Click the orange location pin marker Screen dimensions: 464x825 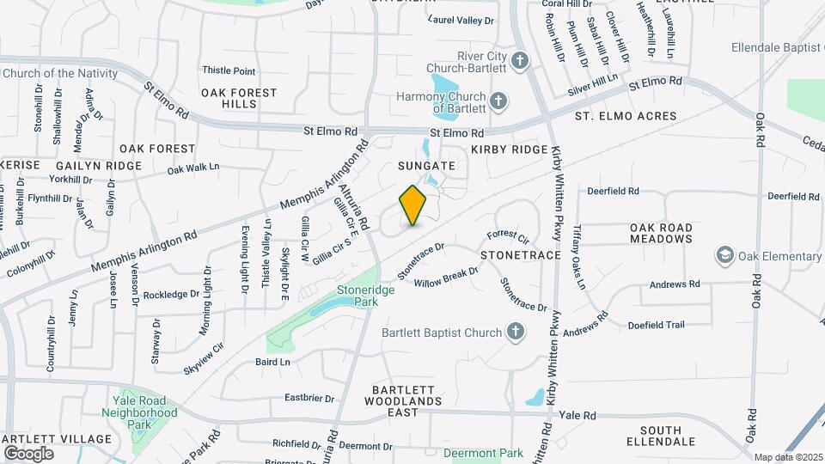tap(412, 205)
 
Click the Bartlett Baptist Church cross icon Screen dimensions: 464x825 tap(515, 332)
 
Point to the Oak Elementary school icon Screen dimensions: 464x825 tap(725, 256)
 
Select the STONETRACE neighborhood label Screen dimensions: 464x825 tap(520, 256)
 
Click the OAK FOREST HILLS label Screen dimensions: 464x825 tap(239, 98)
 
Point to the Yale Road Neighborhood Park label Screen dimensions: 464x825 tap(144, 412)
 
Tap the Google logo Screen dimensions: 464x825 tap(28, 453)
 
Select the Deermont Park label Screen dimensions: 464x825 tap(489, 453)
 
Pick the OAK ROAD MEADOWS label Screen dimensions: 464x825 tap(661, 233)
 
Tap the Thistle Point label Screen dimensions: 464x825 tap(229, 70)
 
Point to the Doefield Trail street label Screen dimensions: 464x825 tap(656, 325)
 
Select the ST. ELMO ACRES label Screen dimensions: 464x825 tap(626, 116)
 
